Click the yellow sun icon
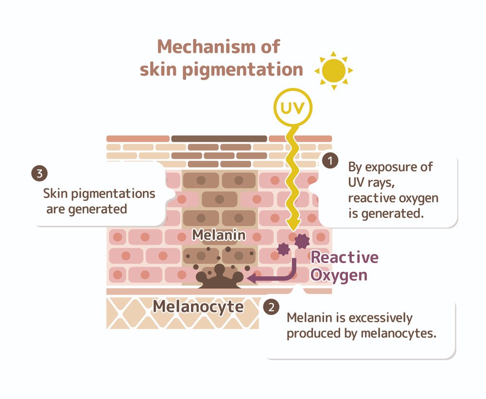pos(333,70)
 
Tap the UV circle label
pos(294,108)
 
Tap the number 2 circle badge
pos(271,307)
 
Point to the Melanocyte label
pos(198,306)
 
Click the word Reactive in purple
pos(344,257)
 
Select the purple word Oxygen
pos(338,275)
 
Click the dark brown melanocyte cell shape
pos(219,280)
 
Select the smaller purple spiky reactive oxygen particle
pos(283,249)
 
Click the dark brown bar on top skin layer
pos(219,139)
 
